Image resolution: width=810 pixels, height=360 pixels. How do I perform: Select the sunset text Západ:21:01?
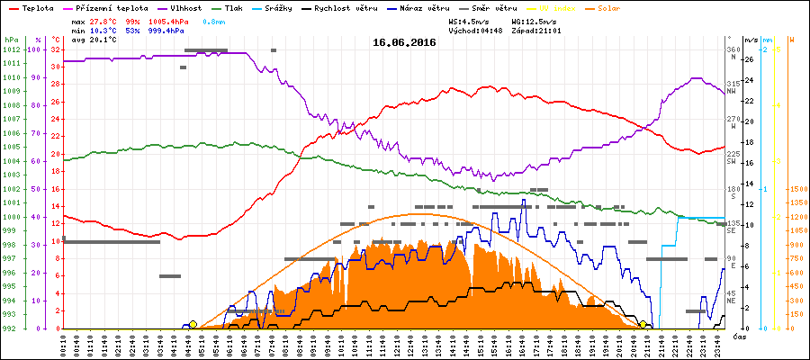[x=536, y=30]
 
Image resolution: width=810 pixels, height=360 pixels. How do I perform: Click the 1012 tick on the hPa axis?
[x=12, y=49]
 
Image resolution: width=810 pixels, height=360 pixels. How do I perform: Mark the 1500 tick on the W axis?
[x=796, y=189]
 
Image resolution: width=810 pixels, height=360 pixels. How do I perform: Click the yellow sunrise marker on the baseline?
[x=193, y=325]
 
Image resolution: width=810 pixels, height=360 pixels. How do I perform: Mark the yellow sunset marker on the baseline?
[x=643, y=325]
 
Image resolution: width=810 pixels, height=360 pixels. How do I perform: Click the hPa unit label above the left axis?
[x=11, y=40]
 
